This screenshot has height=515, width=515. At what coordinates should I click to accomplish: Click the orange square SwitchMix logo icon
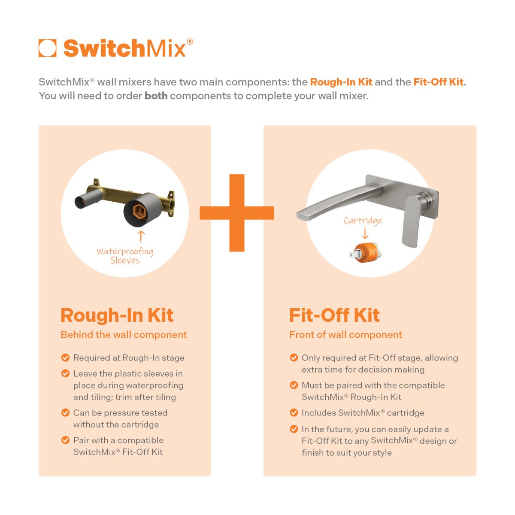pos(47,48)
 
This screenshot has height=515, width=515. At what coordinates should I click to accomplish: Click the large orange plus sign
pos(237,213)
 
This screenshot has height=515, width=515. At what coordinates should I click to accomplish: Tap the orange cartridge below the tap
pos(364,254)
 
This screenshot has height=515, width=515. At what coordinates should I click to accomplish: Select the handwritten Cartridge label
pos(363,221)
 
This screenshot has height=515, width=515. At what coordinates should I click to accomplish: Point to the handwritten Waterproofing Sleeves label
pos(125,256)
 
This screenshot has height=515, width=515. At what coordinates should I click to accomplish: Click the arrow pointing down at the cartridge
pos(365,233)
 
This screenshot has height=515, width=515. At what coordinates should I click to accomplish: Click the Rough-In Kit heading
pos(117,315)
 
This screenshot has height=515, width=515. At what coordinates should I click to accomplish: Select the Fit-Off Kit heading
pos(334,315)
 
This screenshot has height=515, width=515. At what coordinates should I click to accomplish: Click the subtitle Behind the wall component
pos(124,335)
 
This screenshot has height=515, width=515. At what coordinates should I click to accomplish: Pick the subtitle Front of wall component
pos(345,335)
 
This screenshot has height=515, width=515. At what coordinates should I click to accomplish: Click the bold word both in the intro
pos(156,96)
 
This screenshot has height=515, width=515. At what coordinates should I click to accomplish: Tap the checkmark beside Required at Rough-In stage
pos(65,357)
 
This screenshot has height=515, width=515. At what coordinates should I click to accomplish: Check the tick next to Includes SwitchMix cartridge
pos(294,412)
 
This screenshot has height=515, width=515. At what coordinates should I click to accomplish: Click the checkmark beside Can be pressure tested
pos(65,412)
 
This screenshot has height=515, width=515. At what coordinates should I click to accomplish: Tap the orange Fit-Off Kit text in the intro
pos(438,82)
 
